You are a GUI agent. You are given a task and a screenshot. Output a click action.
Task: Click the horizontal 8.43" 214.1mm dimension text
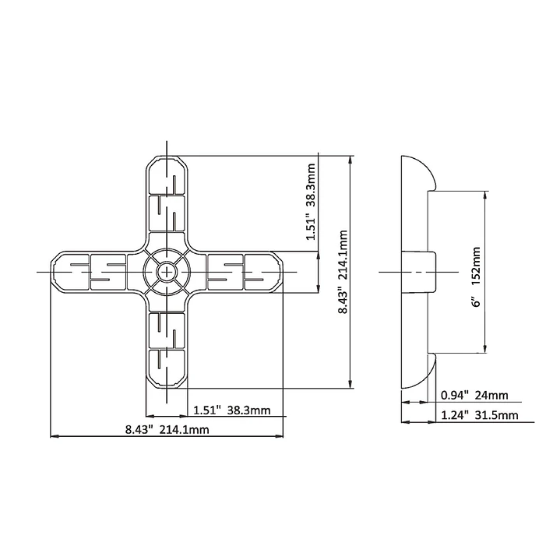167,429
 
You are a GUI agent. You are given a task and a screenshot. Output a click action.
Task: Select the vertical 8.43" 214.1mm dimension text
343,272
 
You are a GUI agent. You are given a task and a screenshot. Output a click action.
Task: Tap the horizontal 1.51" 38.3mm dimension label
232,410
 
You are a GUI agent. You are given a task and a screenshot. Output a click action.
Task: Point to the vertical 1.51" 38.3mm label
311,202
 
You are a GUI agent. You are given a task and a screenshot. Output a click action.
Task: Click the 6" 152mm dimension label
476,276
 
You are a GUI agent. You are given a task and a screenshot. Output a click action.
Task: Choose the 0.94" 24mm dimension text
474,395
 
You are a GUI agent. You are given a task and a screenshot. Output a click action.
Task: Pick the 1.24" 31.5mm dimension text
479,415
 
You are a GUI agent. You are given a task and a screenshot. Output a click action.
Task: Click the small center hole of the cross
167,273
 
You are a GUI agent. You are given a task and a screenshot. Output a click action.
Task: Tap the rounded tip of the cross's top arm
167,156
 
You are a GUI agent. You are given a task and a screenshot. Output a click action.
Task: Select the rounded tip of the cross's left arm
51,272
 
